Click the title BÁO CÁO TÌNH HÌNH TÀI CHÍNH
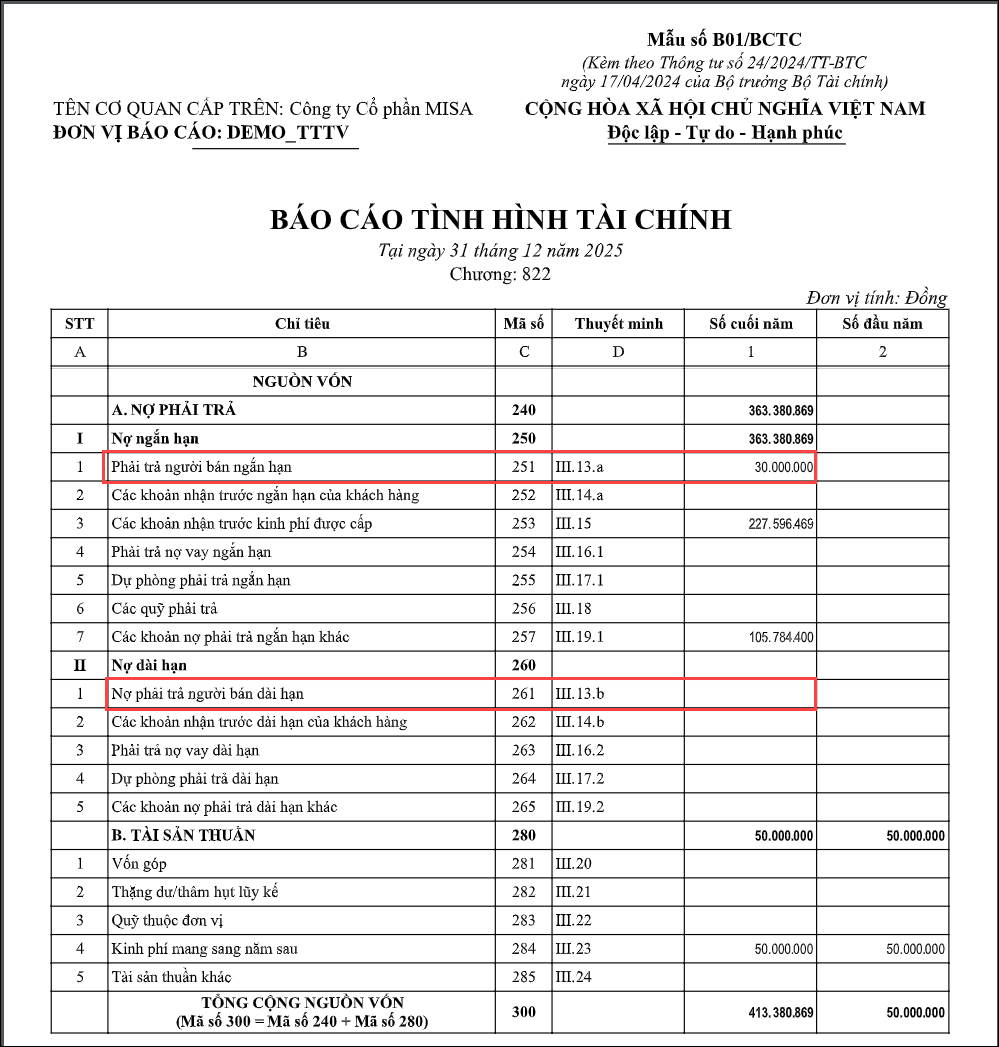point(501,219)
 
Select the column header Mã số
point(523,323)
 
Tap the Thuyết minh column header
point(618,323)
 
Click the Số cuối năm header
point(750,323)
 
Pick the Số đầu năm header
point(882,323)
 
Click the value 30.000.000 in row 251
point(783,467)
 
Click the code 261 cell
point(523,693)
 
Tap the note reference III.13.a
point(579,467)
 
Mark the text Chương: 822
point(500,274)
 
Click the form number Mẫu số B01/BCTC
point(725,40)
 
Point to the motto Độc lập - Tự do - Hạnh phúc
point(725,133)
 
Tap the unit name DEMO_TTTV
point(289,133)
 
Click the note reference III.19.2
point(580,806)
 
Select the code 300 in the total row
point(523,1012)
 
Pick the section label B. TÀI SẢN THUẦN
point(183,835)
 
